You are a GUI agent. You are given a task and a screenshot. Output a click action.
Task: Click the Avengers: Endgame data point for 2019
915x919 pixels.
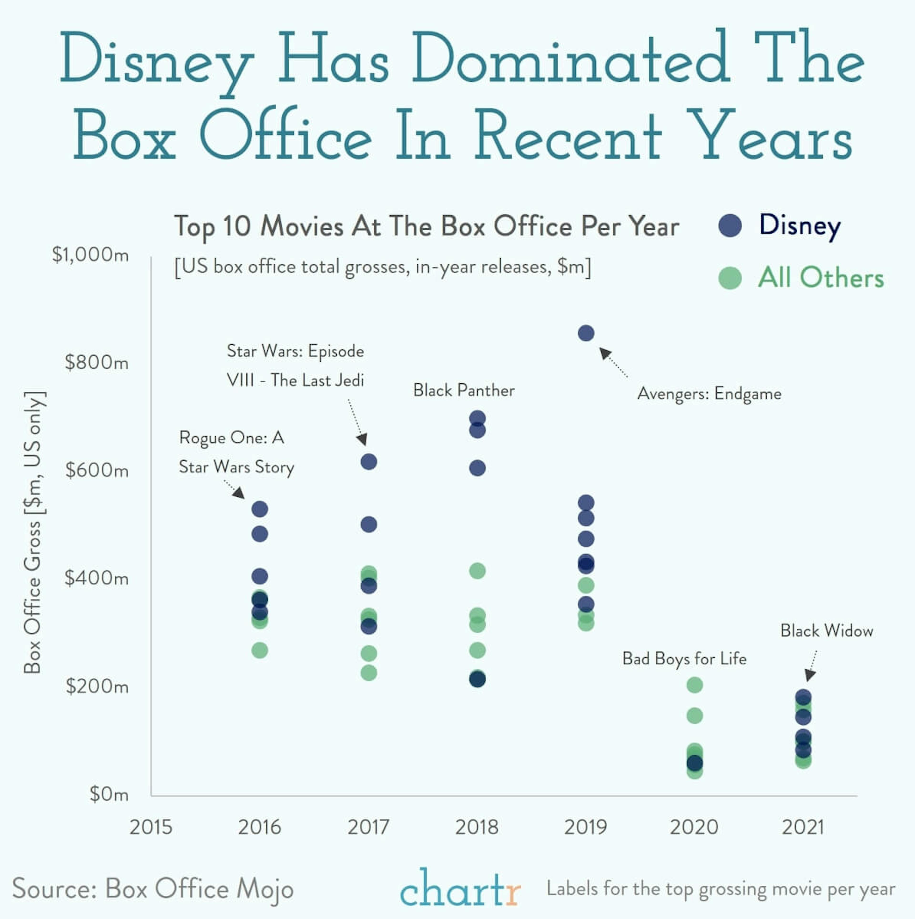click(586, 333)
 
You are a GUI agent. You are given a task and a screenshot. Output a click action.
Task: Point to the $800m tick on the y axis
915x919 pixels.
click(97, 363)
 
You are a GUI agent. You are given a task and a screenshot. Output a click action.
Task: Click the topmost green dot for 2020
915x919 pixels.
click(694, 685)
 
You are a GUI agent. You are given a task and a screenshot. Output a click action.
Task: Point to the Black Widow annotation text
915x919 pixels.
click(827, 631)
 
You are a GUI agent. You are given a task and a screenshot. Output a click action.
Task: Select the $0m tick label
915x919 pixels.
click(109, 794)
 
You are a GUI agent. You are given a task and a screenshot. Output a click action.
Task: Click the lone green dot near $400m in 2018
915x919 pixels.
click(477, 570)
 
